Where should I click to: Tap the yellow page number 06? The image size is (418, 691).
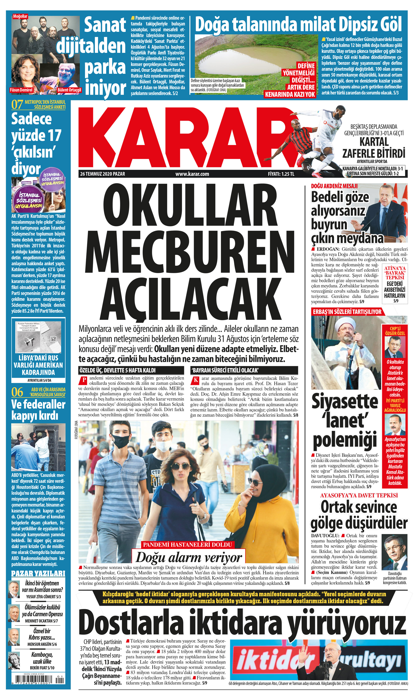pyautogui.click(x=17, y=392)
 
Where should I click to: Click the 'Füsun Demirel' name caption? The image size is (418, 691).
pyautogui.click(x=21, y=90)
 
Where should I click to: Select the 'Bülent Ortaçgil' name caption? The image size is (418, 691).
pyautogui.click(x=69, y=90)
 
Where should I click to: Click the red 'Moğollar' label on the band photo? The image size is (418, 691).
pyautogui.click(x=20, y=16)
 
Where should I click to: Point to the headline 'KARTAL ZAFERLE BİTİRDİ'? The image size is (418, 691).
pyautogui.click(x=374, y=148)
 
